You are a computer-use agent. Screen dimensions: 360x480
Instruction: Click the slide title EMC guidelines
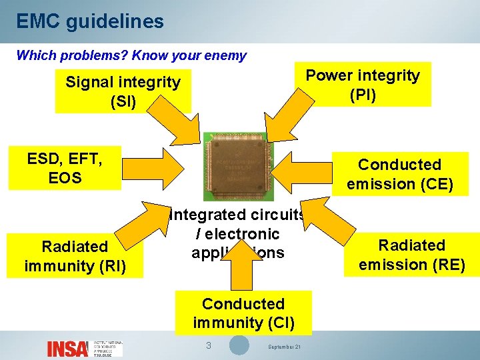pyautogui.click(x=90, y=21)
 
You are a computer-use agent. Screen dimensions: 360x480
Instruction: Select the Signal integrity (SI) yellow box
pyautogui.click(x=123, y=92)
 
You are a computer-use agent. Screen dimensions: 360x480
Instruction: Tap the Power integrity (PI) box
pyautogui.click(x=363, y=85)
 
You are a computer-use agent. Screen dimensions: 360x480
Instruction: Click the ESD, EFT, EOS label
pyautogui.click(x=64, y=168)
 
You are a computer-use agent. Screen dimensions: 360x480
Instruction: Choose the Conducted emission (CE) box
pyautogui.click(x=399, y=174)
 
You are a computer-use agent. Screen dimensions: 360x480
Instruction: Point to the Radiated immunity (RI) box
pyautogui.click(x=75, y=256)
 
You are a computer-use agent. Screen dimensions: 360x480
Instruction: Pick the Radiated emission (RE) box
pyautogui.click(x=411, y=255)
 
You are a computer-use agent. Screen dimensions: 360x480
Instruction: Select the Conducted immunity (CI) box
pyautogui.click(x=243, y=313)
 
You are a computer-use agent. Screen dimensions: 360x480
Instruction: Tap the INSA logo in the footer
pyautogui.click(x=67, y=348)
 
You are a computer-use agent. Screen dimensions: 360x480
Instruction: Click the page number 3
pyautogui.click(x=208, y=345)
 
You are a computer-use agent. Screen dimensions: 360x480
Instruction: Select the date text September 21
pyautogui.click(x=284, y=347)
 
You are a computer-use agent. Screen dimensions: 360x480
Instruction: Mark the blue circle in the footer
pyautogui.click(x=239, y=345)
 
